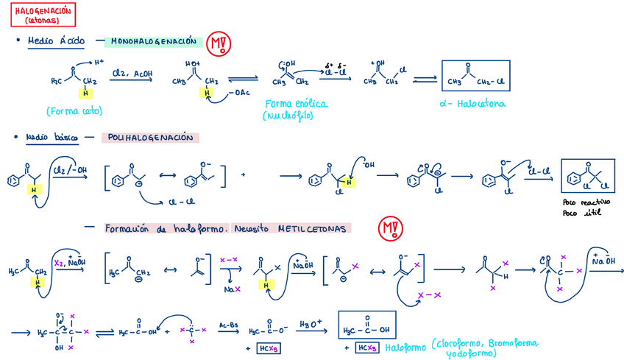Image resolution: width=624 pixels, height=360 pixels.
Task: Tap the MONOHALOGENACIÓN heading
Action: pyautogui.click(x=152, y=41)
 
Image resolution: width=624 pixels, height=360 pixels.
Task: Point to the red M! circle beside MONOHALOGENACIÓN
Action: pyautogui.click(x=217, y=45)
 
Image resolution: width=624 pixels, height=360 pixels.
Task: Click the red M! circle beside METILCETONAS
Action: pyautogui.click(x=388, y=229)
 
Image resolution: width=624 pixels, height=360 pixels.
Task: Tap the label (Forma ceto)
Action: pyautogui.click(x=74, y=112)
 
